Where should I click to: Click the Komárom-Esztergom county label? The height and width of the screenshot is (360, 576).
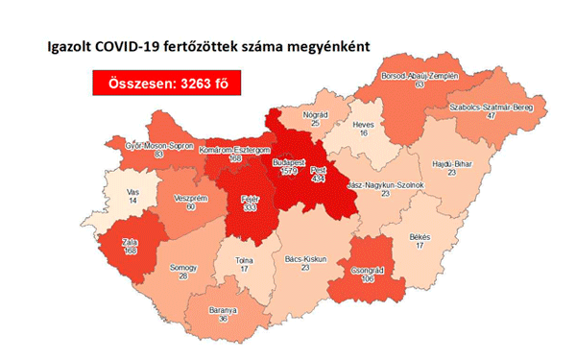[233, 151]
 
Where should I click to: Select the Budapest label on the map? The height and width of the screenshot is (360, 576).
[289, 165]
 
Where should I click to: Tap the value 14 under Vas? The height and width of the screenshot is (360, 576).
[133, 201]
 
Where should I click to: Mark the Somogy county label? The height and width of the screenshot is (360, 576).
[183, 266]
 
